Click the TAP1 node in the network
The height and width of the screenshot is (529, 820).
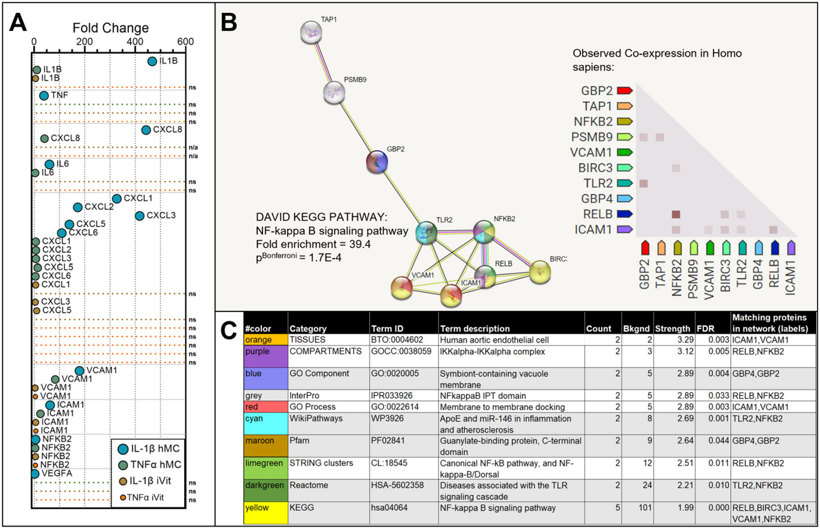tap(311, 32)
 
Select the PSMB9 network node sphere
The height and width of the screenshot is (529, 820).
tap(334, 93)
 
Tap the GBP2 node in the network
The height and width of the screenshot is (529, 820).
tap(377, 161)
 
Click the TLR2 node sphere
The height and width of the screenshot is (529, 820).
tap(426, 233)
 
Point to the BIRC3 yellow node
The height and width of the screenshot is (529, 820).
tap(540, 272)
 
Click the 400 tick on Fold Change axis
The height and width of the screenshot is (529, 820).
tap(135, 41)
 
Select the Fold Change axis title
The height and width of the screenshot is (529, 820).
tap(111, 28)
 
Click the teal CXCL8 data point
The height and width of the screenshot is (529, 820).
tap(146, 130)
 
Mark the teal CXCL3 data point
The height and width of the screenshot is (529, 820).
tap(140, 216)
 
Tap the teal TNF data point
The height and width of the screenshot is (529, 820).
tap(44, 96)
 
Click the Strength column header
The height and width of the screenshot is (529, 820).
tap(672, 328)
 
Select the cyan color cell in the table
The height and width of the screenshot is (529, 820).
tap(266, 424)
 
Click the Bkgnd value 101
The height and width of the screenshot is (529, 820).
tap(645, 508)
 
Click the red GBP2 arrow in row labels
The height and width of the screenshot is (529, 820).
tap(625, 91)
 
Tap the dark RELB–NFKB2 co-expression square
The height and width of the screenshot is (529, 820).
tap(676, 214)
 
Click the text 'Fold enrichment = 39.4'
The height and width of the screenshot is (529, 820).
tap(313, 244)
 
